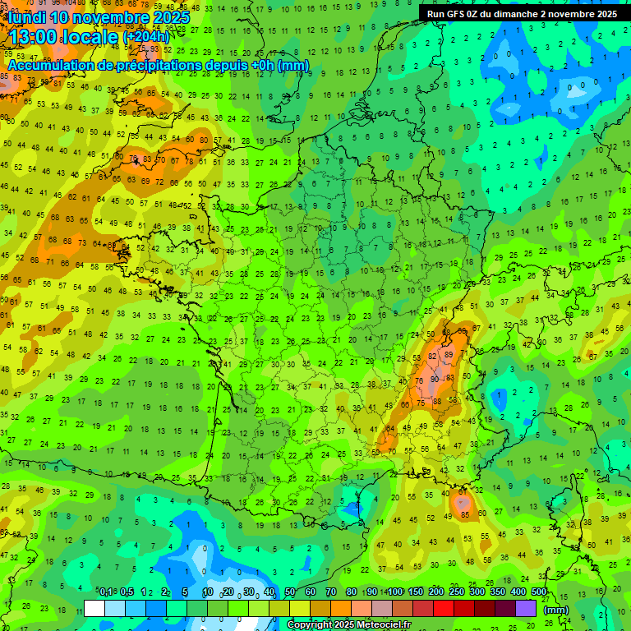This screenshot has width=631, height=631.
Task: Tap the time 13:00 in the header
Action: (35, 36)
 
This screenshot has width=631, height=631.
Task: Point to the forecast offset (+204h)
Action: (146, 36)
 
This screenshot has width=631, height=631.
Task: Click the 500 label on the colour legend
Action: (539, 592)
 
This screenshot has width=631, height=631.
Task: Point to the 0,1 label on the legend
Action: (106, 592)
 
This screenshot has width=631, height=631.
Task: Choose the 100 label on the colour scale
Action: (395, 592)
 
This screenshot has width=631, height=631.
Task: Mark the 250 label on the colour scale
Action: (457, 592)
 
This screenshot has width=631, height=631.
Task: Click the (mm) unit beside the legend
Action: (556, 609)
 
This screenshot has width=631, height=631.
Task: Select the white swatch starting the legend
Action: (94, 608)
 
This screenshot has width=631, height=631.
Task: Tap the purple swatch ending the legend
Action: (526, 608)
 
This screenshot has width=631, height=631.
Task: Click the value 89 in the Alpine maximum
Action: (449, 354)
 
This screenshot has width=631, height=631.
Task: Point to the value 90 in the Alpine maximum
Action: (435, 380)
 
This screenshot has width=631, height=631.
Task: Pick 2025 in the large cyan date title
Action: (170, 16)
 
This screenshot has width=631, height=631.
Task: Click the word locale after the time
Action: (94, 36)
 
